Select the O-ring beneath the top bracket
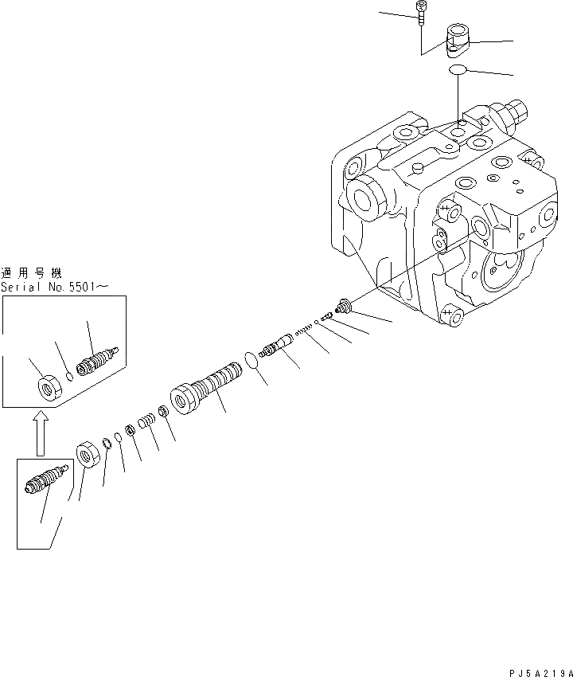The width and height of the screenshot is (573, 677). pyautogui.click(x=457, y=70)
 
